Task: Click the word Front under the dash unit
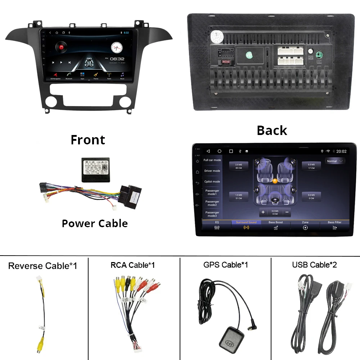coord(88,140)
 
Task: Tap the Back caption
coord(272,130)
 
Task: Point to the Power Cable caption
coord(95,224)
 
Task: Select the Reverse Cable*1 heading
coord(42,266)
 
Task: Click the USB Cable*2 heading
coord(314,265)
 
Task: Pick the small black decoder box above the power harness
coord(95,170)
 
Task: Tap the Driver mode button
coord(212,171)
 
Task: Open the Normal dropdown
coord(334,161)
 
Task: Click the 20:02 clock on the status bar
coord(341,151)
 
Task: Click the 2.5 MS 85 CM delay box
coord(239,166)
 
